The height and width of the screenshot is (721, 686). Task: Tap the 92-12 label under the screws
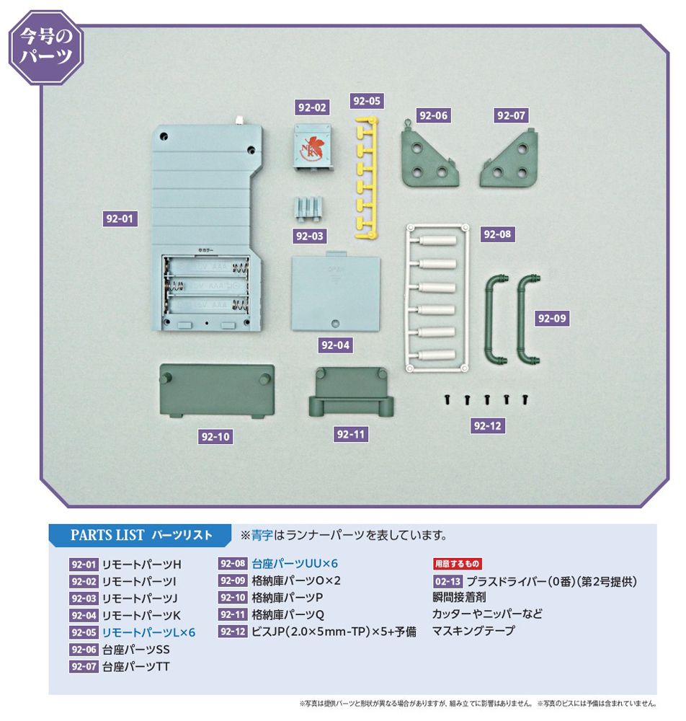coord(488,425)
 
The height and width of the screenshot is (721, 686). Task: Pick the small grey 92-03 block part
coord(307,208)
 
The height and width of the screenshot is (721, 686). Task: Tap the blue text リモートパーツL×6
coord(148,632)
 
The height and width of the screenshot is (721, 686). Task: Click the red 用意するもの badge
coord(458,564)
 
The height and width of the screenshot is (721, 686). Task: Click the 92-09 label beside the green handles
coord(553,317)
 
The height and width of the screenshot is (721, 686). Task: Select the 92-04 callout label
coord(335,345)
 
